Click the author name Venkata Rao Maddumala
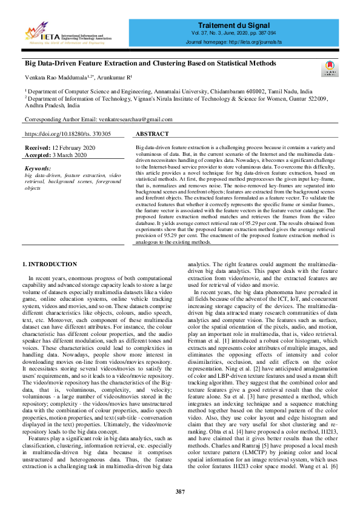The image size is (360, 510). coord(55,78)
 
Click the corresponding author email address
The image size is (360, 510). coord(133,119)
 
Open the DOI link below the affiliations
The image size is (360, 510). coord(67,133)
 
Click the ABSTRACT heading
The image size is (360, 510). coord(152,133)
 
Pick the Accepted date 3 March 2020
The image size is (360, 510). coord(65,155)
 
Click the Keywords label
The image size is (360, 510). coord(38,169)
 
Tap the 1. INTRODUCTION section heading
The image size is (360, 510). coord(50,264)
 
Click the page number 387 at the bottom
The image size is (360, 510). coord(180,491)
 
